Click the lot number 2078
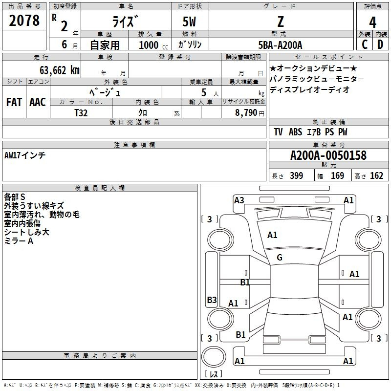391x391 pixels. click(x=24, y=20)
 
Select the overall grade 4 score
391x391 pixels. click(x=372, y=22)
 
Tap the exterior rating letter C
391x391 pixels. click(x=365, y=44)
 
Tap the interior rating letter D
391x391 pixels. click(x=380, y=44)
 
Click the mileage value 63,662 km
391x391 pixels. click(x=60, y=70)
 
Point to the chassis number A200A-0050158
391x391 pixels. click(x=328, y=155)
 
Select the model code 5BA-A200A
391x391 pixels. click(x=280, y=45)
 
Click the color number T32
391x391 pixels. click(x=81, y=113)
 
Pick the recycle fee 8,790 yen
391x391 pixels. click(x=250, y=113)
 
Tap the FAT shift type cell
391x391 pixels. click(x=14, y=102)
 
